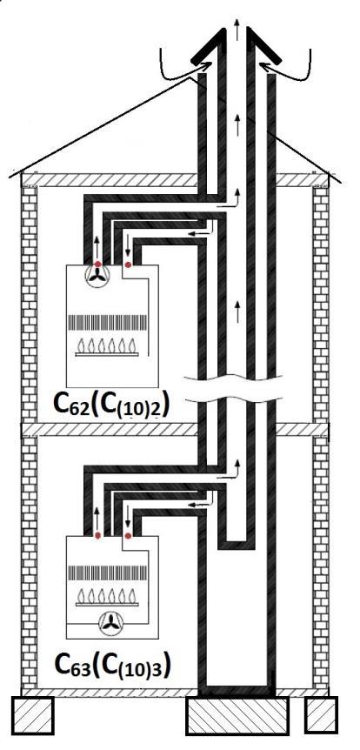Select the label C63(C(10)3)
tap(112, 665)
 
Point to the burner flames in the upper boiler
tap(107, 346)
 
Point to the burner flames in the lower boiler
tap(107, 596)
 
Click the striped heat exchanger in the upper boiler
tap(107, 322)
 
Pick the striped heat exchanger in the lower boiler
tap(107, 572)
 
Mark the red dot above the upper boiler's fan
tap(98, 264)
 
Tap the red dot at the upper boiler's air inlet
tap(128, 265)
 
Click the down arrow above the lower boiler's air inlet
tap(128, 519)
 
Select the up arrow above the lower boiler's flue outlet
tap(97, 518)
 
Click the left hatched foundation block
tap(32, 715)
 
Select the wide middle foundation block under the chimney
tap(237, 715)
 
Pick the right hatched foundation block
tap(321, 715)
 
